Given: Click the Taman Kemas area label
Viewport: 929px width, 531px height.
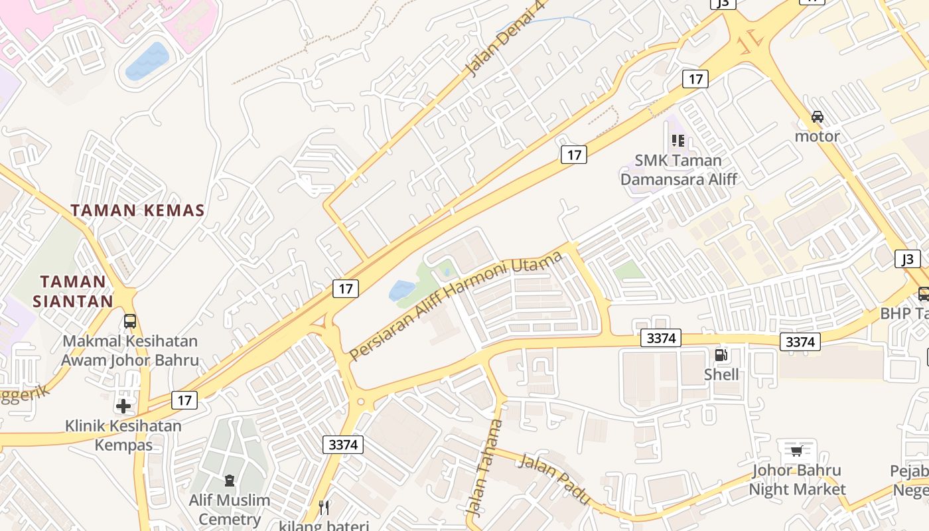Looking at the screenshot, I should coord(137,210).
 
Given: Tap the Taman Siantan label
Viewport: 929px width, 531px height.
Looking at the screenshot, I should coord(73,291).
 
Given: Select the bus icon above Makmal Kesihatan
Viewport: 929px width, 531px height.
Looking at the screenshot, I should coord(130,321).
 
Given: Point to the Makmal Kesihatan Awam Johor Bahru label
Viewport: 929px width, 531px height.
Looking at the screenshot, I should coord(130,350).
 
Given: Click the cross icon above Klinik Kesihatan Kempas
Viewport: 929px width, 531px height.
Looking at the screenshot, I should coord(123,406).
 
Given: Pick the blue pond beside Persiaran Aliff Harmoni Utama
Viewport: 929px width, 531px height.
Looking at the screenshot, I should coord(401,290).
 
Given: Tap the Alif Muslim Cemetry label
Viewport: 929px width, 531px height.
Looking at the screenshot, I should coord(230,509).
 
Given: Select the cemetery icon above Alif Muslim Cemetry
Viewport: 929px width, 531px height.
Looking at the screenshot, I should coord(230,480).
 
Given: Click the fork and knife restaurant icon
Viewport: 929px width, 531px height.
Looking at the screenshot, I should coord(324,508).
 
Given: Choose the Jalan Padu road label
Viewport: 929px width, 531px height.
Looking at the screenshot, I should coord(553,479).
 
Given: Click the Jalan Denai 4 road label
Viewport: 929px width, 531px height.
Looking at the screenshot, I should coord(496,48).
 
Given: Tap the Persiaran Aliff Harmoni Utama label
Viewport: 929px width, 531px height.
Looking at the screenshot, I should coord(456,306).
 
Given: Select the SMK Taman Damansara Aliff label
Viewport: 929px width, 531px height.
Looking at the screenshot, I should coord(678,169).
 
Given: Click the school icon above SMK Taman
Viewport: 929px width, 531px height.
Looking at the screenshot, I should coord(678,141).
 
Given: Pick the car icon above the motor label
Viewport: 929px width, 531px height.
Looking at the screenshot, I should coord(818,117).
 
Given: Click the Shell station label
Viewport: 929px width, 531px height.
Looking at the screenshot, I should coord(721,374).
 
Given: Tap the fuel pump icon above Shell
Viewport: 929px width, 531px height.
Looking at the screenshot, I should coord(721,355).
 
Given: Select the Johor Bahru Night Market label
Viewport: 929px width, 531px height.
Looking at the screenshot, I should coord(797,480).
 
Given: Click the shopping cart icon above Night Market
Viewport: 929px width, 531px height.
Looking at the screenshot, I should coord(796,451).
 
